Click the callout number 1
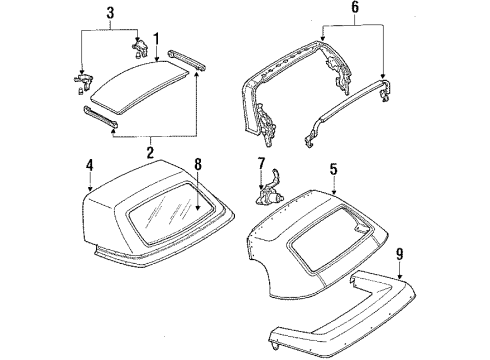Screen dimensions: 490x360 click(156, 40)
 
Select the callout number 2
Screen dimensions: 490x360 click(150, 152)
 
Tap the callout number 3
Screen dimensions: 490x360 click(110, 13)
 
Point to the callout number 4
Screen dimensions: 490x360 click(89, 165)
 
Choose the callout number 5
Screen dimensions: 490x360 click(333, 169)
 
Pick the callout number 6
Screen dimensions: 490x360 click(355, 7)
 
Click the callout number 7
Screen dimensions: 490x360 click(261, 163)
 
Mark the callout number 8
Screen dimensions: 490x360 click(198, 164)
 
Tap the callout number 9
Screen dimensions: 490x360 click(399, 254)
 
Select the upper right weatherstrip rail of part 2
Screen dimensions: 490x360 click(187, 59)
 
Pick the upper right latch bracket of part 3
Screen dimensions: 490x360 click(140, 48)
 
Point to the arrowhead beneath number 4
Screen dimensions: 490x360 click(89, 189)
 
